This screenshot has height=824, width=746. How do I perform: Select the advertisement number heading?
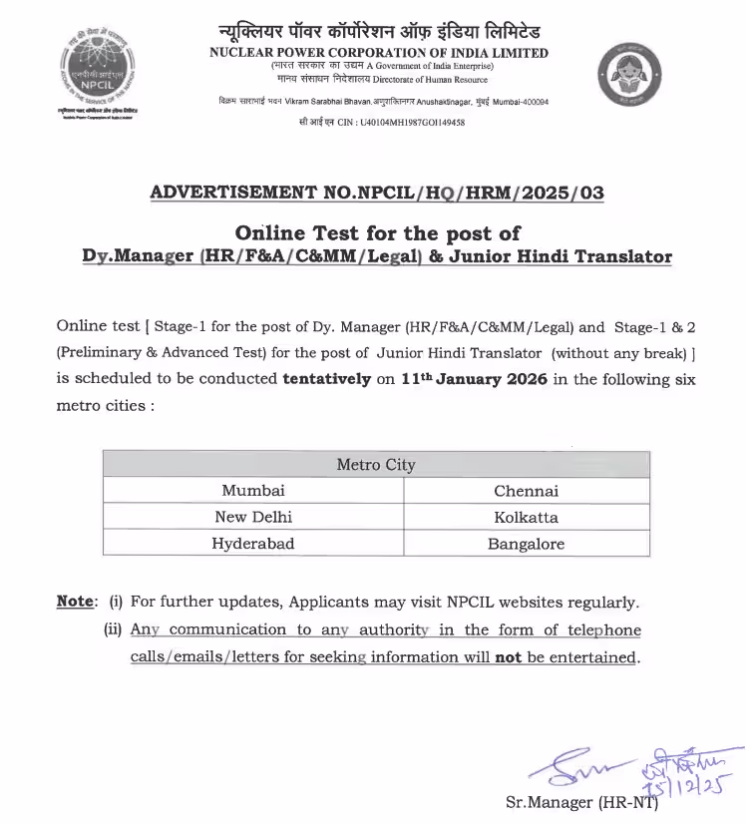[376, 194]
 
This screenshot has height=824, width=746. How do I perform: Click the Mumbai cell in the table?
[253, 491]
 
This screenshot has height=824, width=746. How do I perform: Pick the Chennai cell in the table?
[526, 491]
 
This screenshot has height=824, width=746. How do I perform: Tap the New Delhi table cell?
[253, 517]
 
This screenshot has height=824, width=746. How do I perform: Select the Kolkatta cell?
[526, 517]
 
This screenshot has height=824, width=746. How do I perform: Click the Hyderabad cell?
[253, 544]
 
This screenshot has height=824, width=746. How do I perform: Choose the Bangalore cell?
[526, 544]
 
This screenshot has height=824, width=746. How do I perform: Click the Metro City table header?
[376, 465]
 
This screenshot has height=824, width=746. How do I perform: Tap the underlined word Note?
[75, 602]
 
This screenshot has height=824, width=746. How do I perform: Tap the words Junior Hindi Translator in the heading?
[563, 256]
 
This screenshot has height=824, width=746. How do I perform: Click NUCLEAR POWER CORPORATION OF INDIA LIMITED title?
[379, 53]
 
